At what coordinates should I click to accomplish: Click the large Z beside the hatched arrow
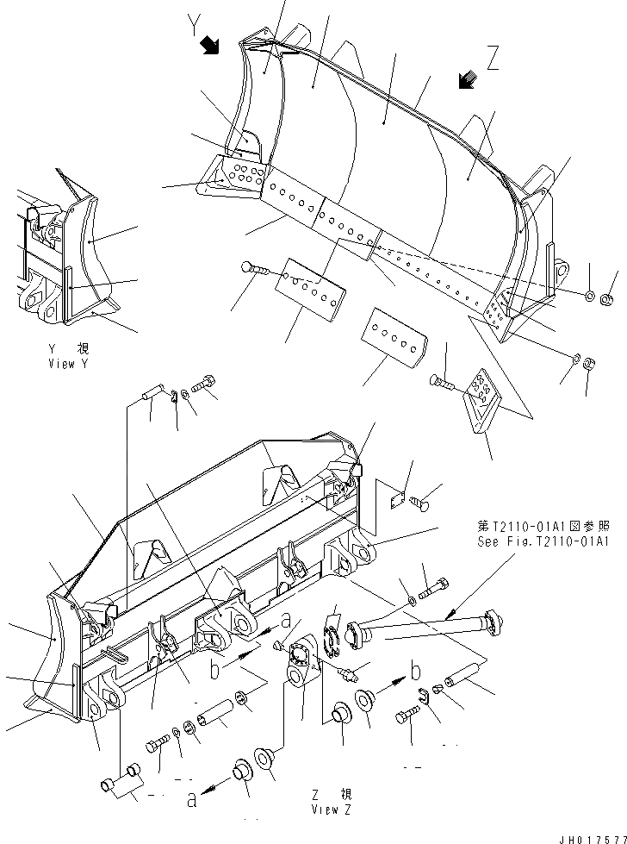(493, 59)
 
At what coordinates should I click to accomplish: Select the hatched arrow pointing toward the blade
(468, 80)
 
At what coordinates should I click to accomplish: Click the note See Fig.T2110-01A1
(543, 542)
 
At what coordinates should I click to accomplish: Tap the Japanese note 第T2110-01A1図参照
(543, 525)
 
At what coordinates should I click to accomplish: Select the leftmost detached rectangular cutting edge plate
(310, 285)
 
